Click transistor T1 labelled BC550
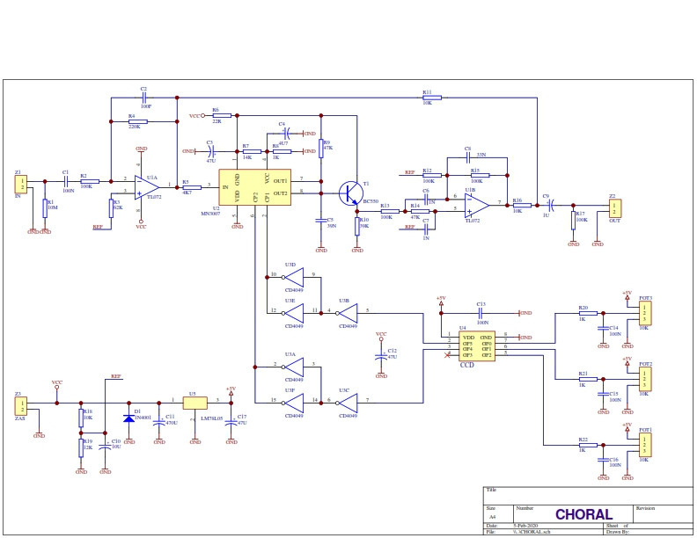[350, 192]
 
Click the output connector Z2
[615, 207]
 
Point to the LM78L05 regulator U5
[194, 403]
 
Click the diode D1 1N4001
[128, 412]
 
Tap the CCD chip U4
[475, 345]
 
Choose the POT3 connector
[645, 313]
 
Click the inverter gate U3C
[348, 401]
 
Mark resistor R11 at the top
[427, 98]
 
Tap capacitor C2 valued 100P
[144, 97]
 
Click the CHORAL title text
[583, 514]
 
